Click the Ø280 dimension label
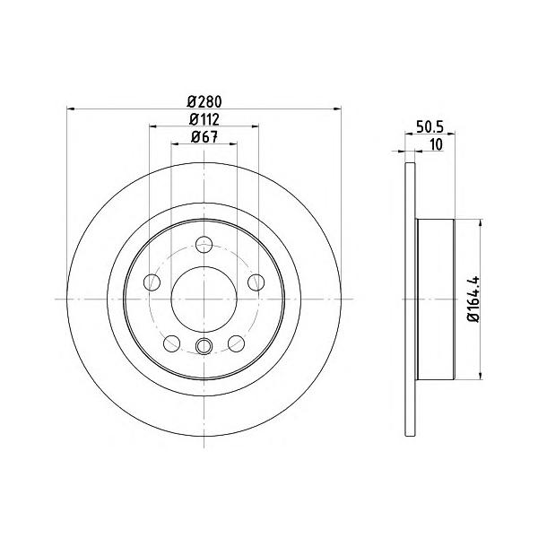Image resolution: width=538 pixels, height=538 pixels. tap(204, 102)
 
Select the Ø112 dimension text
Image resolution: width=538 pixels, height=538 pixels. tap(204, 120)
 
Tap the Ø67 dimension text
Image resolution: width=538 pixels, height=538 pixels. tap(204, 137)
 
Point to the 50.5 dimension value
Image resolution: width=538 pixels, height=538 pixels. tap(430, 126)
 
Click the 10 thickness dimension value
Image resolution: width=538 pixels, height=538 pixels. tap(436, 144)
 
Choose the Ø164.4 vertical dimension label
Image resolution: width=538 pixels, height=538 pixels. tap(473, 299)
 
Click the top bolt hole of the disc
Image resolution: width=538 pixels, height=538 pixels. tap(204, 245)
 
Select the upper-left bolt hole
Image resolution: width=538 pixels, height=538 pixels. tap(152, 282)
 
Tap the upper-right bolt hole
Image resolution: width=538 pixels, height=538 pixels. tap(256, 282)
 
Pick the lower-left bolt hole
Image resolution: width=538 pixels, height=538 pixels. tap(172, 343)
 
